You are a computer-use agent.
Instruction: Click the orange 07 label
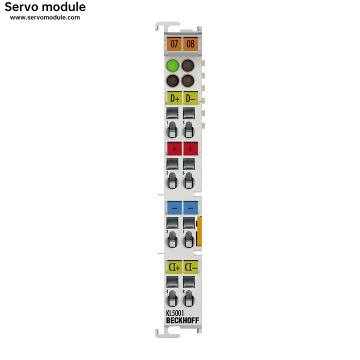tap(174, 43)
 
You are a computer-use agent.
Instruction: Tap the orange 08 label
tap(190, 43)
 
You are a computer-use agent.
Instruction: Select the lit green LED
tap(173, 65)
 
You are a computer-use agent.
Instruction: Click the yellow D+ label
tap(174, 98)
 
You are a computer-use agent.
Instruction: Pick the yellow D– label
tap(190, 98)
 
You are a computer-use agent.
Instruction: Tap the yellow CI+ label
tap(174, 267)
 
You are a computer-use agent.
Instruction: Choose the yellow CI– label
tap(190, 267)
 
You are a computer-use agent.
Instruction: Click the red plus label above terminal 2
tap(174, 148)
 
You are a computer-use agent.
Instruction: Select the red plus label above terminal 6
tap(190, 148)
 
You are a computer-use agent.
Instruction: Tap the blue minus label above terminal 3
tap(174, 207)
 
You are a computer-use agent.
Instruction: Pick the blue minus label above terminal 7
tap(190, 207)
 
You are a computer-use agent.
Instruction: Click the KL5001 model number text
tap(175, 313)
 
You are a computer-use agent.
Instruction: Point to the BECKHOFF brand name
tap(182, 320)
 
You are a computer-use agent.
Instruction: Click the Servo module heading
tap(45, 7)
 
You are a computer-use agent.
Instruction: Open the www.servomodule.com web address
tap(45, 17)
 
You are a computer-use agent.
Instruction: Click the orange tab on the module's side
tap(199, 231)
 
